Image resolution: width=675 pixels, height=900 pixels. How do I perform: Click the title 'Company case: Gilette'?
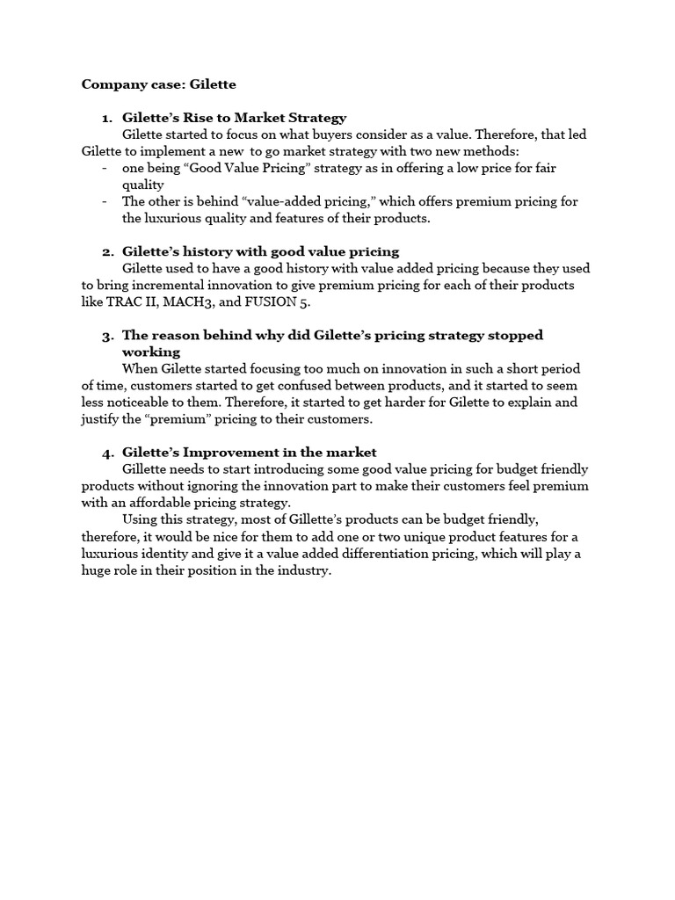[x=158, y=84]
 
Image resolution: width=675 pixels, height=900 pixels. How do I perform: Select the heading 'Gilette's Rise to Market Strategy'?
[x=234, y=117]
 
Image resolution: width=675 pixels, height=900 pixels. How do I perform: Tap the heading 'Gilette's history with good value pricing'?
[x=260, y=251]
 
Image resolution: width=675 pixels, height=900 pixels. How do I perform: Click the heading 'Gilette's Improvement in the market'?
[x=249, y=453]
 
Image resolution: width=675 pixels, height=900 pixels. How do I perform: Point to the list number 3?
[x=107, y=336]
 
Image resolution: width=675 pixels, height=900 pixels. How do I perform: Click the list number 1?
[x=107, y=117]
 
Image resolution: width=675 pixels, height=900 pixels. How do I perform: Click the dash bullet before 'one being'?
[x=105, y=168]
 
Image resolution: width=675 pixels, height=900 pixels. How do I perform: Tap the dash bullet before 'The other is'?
[x=105, y=201]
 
